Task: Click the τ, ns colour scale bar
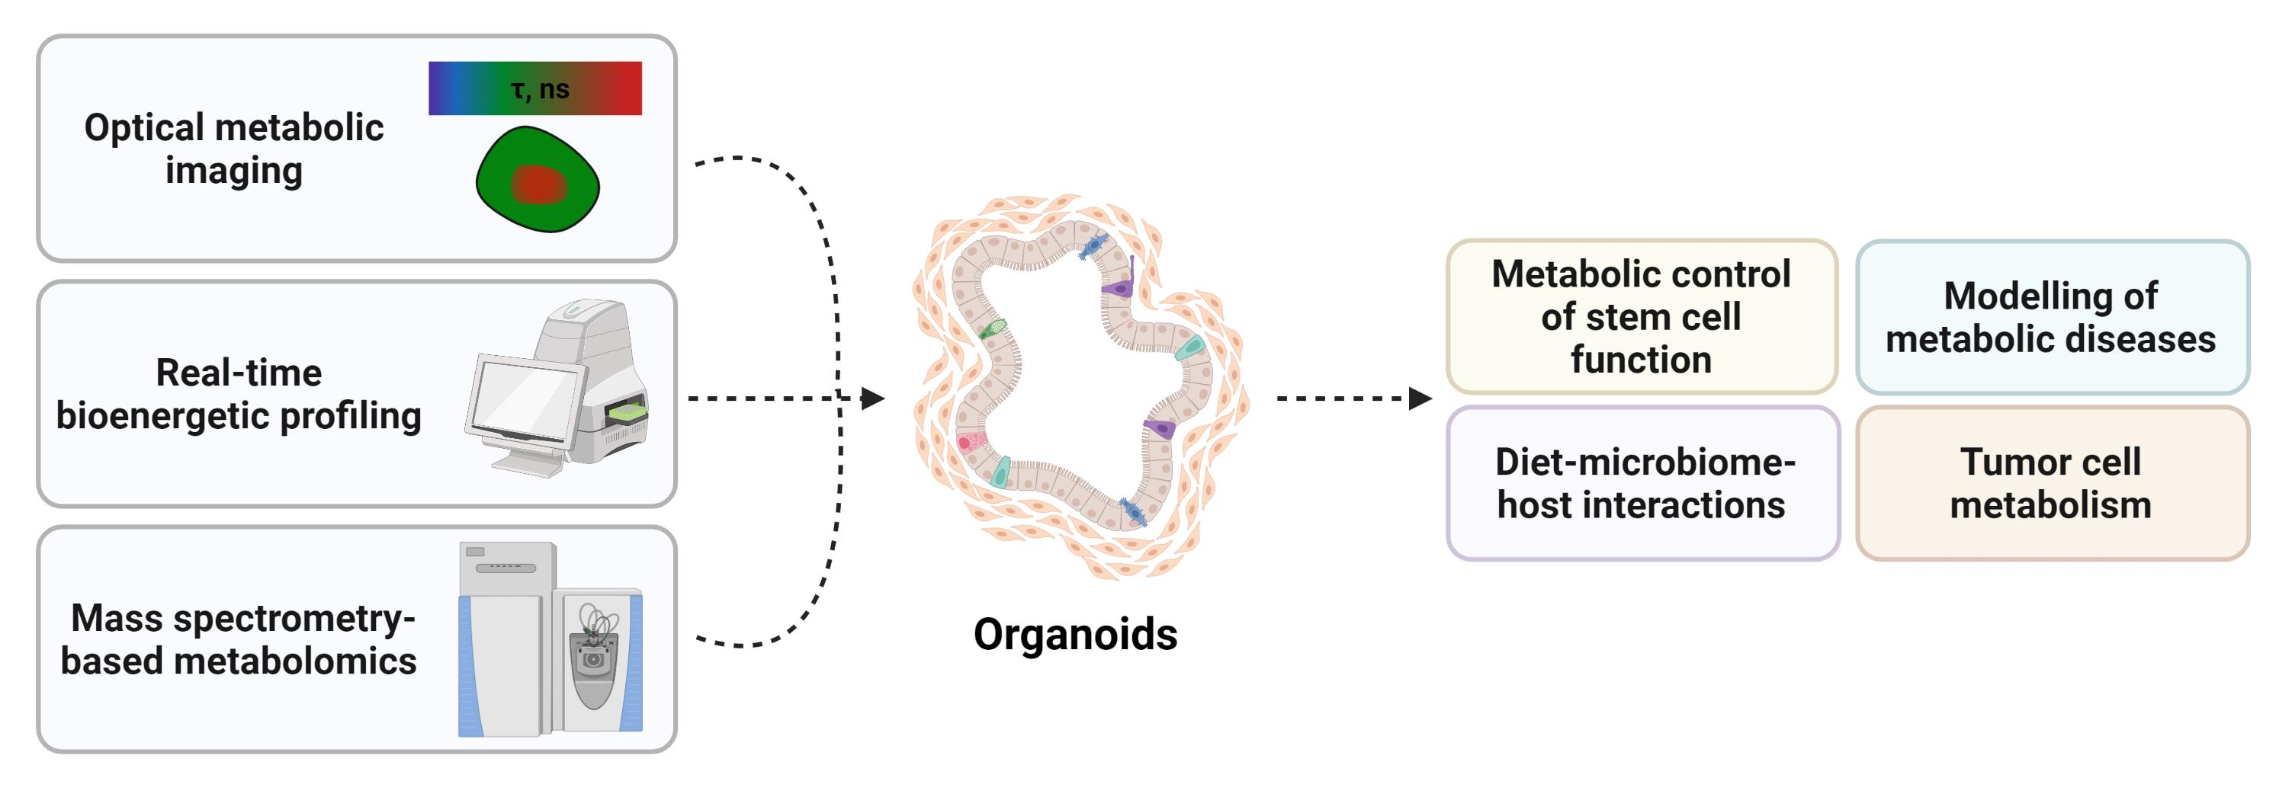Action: tap(534, 88)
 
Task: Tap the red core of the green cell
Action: tap(538, 185)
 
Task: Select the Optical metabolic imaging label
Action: tap(234, 149)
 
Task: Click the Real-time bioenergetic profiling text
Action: tap(239, 394)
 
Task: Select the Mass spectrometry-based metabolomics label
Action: tap(239, 639)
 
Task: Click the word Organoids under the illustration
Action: tap(1075, 634)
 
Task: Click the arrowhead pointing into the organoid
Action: tap(873, 399)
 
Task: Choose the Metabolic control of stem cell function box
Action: tap(1642, 316)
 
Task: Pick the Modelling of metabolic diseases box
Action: tap(2052, 316)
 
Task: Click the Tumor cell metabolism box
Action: tap(2052, 484)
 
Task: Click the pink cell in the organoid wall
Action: tap(969, 442)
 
